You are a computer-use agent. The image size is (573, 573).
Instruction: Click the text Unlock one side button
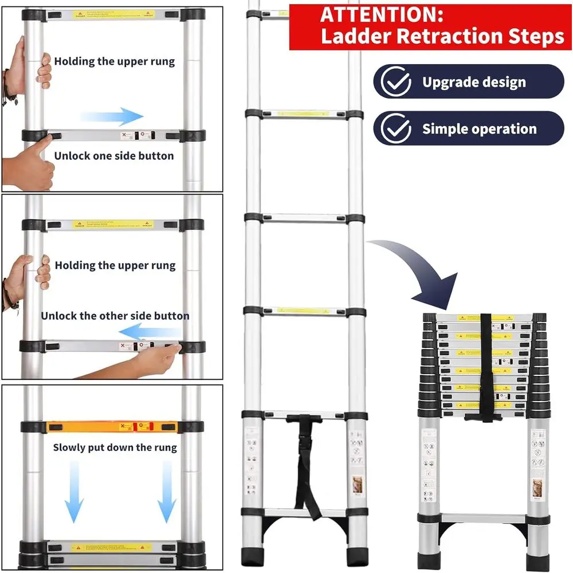pos(114,156)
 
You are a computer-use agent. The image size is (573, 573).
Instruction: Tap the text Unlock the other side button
pos(115,316)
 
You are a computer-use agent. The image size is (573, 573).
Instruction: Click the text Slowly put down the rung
pos(115,448)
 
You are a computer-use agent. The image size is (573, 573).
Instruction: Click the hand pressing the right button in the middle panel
pos(158,358)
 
